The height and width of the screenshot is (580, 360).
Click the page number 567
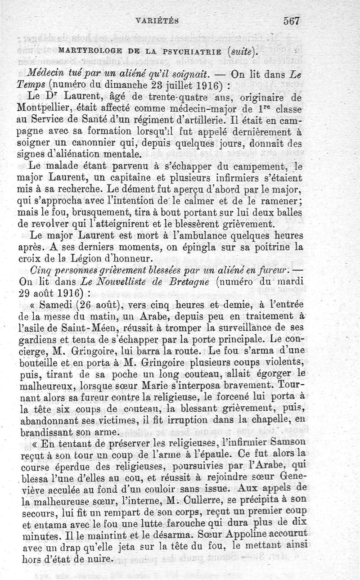click(x=292, y=20)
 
